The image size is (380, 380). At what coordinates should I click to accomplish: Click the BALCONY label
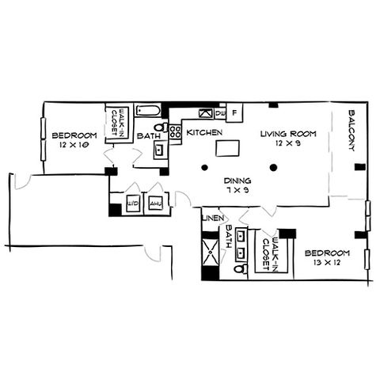coord(352,131)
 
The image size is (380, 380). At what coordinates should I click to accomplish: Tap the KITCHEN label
coord(204,132)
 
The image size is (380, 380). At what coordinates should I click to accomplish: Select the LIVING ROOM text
coord(288,134)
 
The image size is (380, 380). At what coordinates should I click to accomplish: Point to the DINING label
coord(237,180)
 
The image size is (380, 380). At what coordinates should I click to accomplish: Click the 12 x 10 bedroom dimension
coord(74,145)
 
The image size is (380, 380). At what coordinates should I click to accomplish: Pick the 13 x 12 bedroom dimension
coord(327,263)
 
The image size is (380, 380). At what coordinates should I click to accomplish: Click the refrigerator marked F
coord(234,112)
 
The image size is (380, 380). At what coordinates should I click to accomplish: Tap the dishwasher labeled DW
coord(220,114)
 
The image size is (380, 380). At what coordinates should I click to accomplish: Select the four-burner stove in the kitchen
coord(175,132)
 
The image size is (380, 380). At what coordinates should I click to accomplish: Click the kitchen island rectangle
coord(227,148)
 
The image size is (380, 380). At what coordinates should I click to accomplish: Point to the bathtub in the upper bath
coord(148,110)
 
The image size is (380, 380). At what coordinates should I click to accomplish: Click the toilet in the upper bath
coord(161,127)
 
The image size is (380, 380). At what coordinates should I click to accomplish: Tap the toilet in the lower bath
coord(241,269)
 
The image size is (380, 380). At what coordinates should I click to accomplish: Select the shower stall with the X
coord(211,252)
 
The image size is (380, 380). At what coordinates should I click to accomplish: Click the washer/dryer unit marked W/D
coord(133,203)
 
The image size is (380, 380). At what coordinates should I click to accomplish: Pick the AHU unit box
coord(155,203)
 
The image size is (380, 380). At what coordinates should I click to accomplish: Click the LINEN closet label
coord(213,218)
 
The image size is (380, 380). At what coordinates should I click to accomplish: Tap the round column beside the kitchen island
coord(204,167)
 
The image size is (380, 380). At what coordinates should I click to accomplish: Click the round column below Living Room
coord(273,167)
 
